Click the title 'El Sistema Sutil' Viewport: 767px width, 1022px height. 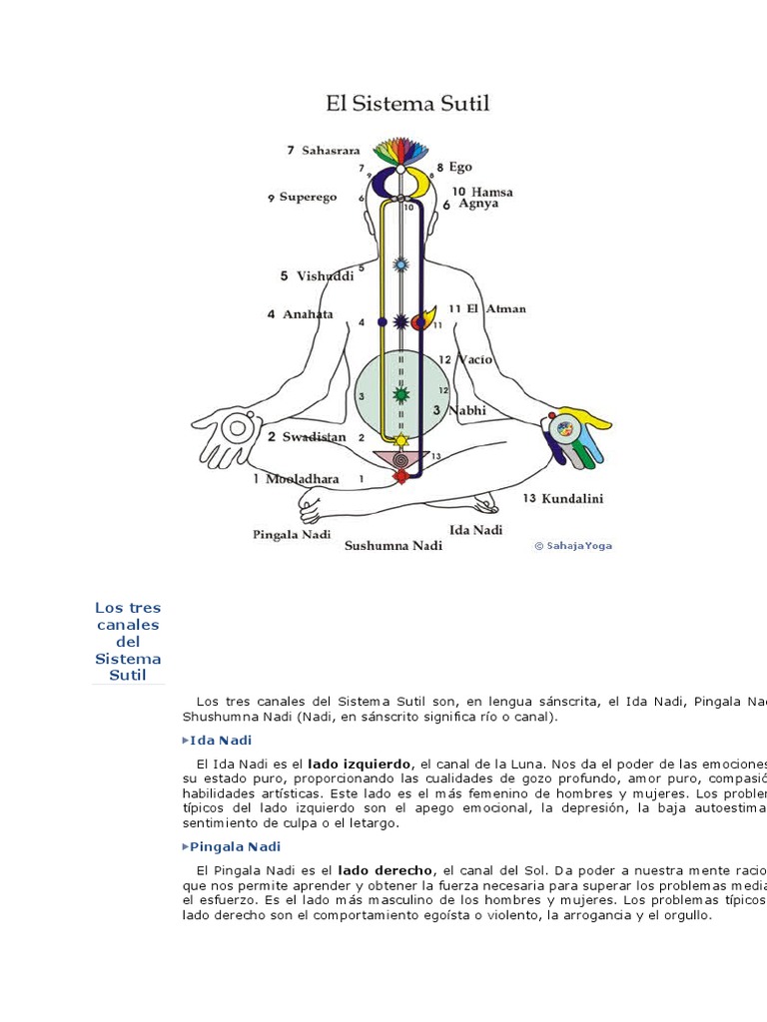coord(407,104)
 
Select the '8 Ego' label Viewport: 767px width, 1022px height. coord(454,168)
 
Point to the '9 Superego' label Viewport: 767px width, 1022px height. coord(310,198)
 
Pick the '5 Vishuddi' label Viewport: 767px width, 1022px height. coord(317,276)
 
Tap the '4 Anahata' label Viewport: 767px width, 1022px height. coord(300,314)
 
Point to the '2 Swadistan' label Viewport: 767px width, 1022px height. coord(307,437)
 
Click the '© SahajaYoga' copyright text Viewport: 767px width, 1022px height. coord(573,546)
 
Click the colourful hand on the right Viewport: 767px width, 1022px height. coord(573,435)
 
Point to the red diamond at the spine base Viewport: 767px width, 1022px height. coord(401,477)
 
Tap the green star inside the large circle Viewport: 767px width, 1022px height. coord(401,395)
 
